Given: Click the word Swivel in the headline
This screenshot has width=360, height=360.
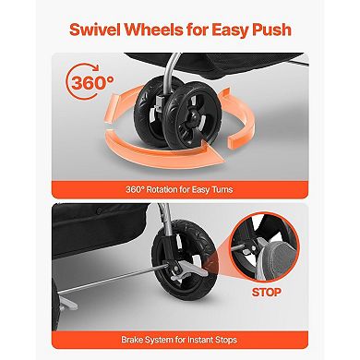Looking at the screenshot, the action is (x=94, y=30).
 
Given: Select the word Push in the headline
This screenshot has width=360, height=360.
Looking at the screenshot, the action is (x=271, y=30).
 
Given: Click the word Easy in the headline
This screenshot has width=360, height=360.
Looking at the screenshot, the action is (x=230, y=30).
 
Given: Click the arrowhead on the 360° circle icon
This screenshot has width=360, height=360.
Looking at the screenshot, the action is (x=95, y=67).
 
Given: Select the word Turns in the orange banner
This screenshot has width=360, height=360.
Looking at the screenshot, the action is (x=222, y=189).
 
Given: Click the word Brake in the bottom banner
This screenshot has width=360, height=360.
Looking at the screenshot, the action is (x=133, y=340).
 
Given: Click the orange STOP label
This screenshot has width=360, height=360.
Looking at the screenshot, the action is (x=267, y=292).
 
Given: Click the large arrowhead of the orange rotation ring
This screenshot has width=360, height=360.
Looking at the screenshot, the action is (x=213, y=153).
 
